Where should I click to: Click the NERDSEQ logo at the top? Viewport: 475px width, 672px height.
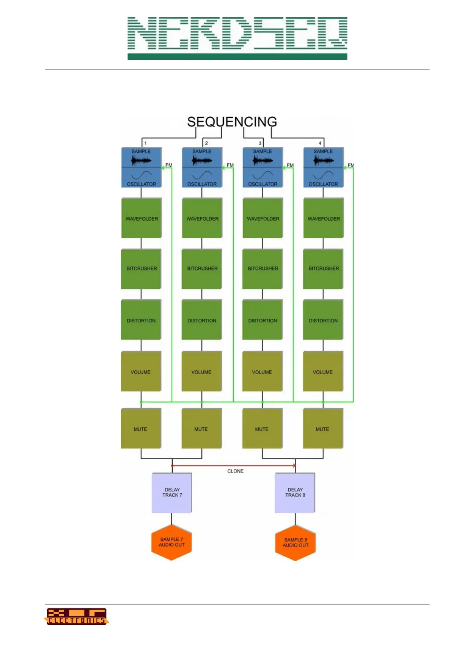[237, 38]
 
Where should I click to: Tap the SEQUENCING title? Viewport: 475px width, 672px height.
[232, 122]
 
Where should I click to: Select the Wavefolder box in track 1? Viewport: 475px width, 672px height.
[142, 218]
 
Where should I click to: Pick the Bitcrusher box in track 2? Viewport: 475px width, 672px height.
[202, 269]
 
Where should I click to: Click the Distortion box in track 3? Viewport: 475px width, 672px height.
[262, 320]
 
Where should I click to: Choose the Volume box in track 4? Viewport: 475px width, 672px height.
[323, 372]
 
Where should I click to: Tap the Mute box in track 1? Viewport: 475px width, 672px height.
[141, 429]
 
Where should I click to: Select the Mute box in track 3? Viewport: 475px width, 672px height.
[262, 429]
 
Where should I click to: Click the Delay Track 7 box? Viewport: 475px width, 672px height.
[172, 492]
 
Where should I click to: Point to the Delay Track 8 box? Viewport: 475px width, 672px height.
[295, 492]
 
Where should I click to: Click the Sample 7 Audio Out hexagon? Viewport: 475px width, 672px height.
[171, 542]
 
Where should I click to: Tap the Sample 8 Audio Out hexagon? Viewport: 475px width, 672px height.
[296, 543]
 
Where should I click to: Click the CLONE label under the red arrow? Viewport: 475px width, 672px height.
[235, 471]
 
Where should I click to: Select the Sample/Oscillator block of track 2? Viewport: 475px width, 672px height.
[202, 168]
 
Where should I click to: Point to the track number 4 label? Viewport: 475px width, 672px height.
[320, 143]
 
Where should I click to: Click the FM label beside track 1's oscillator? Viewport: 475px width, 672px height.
[169, 165]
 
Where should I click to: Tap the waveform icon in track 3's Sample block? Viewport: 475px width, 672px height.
[262, 160]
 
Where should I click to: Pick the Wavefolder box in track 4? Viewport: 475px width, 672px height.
[323, 218]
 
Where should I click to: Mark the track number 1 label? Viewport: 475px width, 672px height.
[146, 143]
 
